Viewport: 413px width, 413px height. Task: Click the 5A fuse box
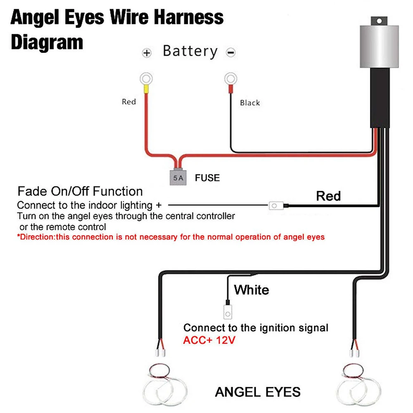point(178,178)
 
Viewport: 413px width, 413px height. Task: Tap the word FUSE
point(207,178)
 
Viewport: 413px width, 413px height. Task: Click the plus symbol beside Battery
point(147,53)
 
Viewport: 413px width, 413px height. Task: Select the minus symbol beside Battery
point(231,52)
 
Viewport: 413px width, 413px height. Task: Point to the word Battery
point(190,51)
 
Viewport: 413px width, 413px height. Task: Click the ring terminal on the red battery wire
point(146,79)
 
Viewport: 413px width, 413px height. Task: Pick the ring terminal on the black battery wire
point(231,78)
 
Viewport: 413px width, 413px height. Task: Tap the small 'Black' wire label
point(250,103)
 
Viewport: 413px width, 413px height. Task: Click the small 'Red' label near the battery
point(129,102)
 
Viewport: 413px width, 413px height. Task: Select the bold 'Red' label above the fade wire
point(328,196)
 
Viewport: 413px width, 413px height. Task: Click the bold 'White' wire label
point(252,290)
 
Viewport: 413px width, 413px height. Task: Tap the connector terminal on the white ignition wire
point(228,312)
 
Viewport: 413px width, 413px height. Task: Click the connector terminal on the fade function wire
point(276,206)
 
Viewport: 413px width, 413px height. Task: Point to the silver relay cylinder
point(379,47)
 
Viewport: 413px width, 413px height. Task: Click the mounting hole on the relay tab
point(379,21)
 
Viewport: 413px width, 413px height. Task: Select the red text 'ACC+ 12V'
point(209,340)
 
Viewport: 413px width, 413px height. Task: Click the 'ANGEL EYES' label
point(258,392)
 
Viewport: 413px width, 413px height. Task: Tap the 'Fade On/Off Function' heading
point(80,191)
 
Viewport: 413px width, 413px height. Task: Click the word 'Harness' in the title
point(189,17)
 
